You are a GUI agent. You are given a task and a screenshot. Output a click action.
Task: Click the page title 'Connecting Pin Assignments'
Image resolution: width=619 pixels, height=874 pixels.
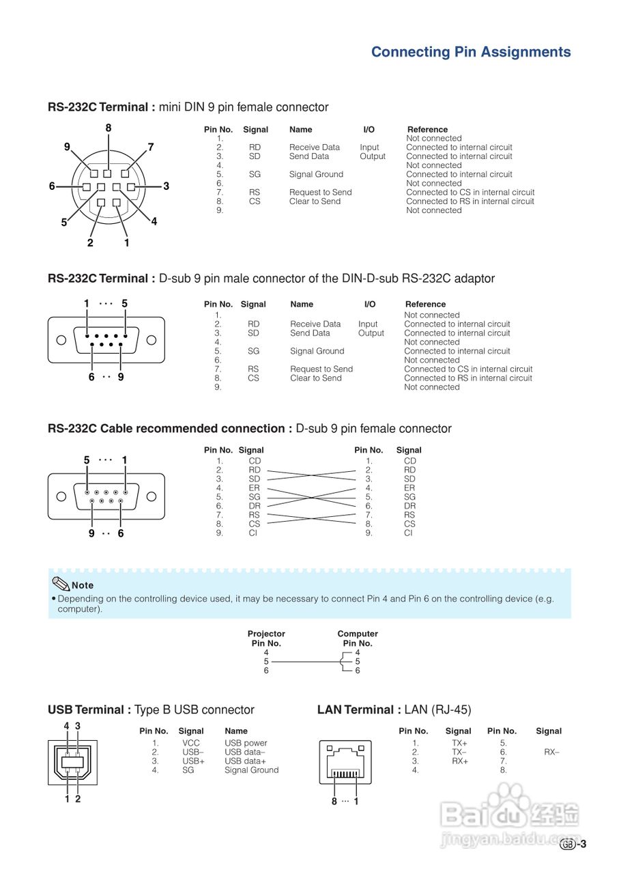[x=471, y=52]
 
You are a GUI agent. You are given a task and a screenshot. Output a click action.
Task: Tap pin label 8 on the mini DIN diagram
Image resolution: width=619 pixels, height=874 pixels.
[x=109, y=128]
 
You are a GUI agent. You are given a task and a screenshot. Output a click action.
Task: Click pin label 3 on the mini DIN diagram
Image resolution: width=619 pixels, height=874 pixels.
[x=166, y=186]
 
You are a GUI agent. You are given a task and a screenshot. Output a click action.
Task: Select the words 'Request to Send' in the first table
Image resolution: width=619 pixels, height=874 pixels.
[x=320, y=193]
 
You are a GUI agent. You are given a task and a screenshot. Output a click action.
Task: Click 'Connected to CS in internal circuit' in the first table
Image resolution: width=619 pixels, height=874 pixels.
[x=470, y=193]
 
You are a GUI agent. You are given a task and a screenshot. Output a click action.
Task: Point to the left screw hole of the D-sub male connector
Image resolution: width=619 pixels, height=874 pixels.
[x=61, y=340]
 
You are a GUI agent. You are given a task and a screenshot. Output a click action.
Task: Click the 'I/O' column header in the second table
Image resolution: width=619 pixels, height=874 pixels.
[x=370, y=305]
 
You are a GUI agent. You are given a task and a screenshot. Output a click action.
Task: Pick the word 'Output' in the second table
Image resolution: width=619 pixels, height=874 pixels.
[x=371, y=333]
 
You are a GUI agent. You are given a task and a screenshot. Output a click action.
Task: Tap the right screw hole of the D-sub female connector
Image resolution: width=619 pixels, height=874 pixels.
[x=152, y=496]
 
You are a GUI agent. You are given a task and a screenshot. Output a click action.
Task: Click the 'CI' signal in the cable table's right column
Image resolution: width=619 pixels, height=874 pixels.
[x=409, y=533]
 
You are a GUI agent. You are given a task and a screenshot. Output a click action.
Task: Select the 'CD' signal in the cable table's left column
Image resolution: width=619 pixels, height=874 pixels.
[x=255, y=461]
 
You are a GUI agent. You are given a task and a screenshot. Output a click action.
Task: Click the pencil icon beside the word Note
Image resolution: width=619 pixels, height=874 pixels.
[x=61, y=584]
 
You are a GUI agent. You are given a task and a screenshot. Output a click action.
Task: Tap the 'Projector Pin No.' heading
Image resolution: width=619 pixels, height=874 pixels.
[x=266, y=638]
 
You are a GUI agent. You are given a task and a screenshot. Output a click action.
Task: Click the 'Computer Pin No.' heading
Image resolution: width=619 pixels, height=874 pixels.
[x=358, y=638]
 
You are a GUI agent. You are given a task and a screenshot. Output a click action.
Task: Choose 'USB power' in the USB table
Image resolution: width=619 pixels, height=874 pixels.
[x=246, y=743]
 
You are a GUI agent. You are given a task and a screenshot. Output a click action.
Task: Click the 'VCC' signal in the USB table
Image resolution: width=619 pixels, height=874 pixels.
[x=191, y=743]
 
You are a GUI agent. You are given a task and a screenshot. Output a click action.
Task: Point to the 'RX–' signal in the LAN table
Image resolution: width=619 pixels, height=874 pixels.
[x=551, y=752]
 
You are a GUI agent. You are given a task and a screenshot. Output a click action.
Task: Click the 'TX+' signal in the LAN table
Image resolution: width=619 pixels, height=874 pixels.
[x=459, y=743]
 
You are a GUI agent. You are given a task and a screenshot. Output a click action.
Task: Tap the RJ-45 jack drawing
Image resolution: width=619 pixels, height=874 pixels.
[x=345, y=761]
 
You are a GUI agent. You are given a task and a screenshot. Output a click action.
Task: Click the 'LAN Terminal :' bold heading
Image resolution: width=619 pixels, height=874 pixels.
[x=359, y=710]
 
